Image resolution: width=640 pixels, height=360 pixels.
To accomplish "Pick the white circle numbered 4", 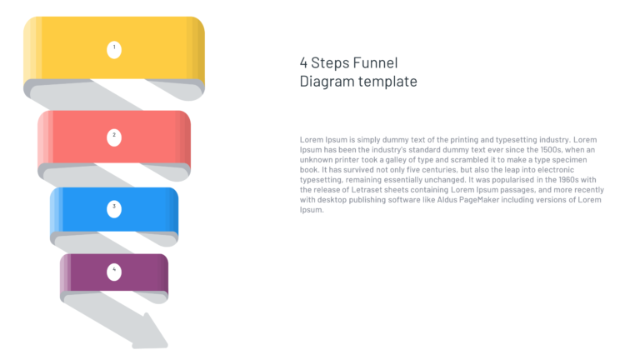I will coord(114,272).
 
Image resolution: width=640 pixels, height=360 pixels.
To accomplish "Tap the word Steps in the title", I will coord(329,63).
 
